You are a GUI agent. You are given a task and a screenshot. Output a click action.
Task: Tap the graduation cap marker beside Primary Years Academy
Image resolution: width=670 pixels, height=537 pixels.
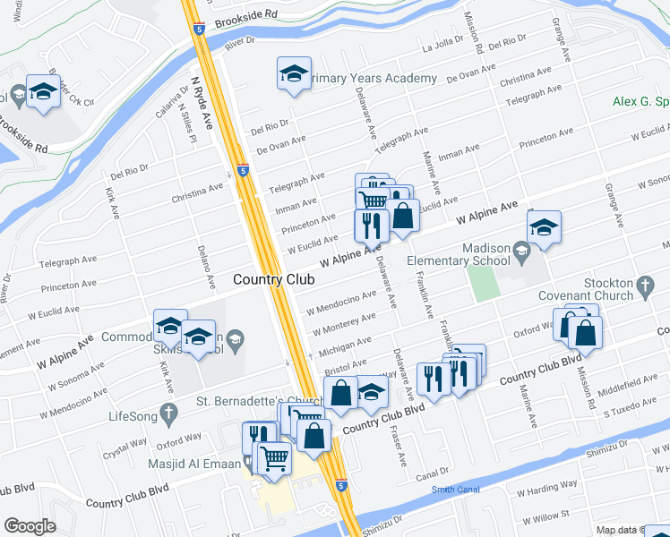pos(293,77)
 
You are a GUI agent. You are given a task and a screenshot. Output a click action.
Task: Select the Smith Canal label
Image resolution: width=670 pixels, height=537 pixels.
pos(455,490)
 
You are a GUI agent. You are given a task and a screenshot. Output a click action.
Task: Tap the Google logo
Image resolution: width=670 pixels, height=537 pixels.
pos(30,525)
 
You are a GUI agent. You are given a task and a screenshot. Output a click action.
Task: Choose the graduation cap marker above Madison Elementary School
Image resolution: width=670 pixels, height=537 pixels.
pos(543,229)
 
